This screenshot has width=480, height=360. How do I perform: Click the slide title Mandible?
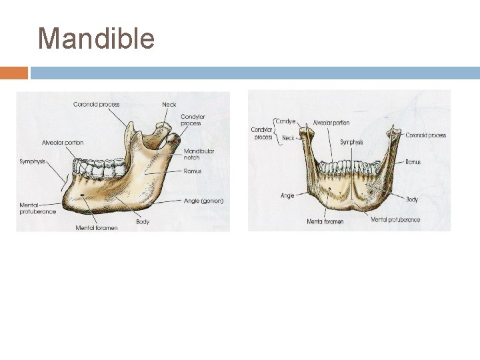tap(96, 39)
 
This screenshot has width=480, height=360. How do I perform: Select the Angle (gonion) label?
tap(203, 201)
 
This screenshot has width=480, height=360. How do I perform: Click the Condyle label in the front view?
tap(286, 121)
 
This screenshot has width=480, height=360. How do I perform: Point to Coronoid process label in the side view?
tap(96, 104)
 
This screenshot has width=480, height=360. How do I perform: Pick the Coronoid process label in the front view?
tap(425, 135)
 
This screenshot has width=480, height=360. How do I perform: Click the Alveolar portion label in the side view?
tap(63, 143)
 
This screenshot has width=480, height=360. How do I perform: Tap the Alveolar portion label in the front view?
tap(331, 123)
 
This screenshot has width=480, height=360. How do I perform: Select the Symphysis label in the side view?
tap(33, 161)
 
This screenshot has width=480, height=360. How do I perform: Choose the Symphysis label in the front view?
tap(352, 142)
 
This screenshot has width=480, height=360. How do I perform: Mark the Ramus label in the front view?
tap(413, 162)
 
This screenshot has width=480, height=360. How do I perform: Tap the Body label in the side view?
tap(143, 221)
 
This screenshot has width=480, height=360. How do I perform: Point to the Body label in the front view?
tap(412, 199)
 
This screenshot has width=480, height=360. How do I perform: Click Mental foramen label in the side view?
tap(97, 228)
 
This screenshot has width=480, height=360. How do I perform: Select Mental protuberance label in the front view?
tap(395, 219)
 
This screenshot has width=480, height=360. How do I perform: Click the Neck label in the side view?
tap(169, 104)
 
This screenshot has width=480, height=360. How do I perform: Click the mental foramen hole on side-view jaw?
tap(82, 195)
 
